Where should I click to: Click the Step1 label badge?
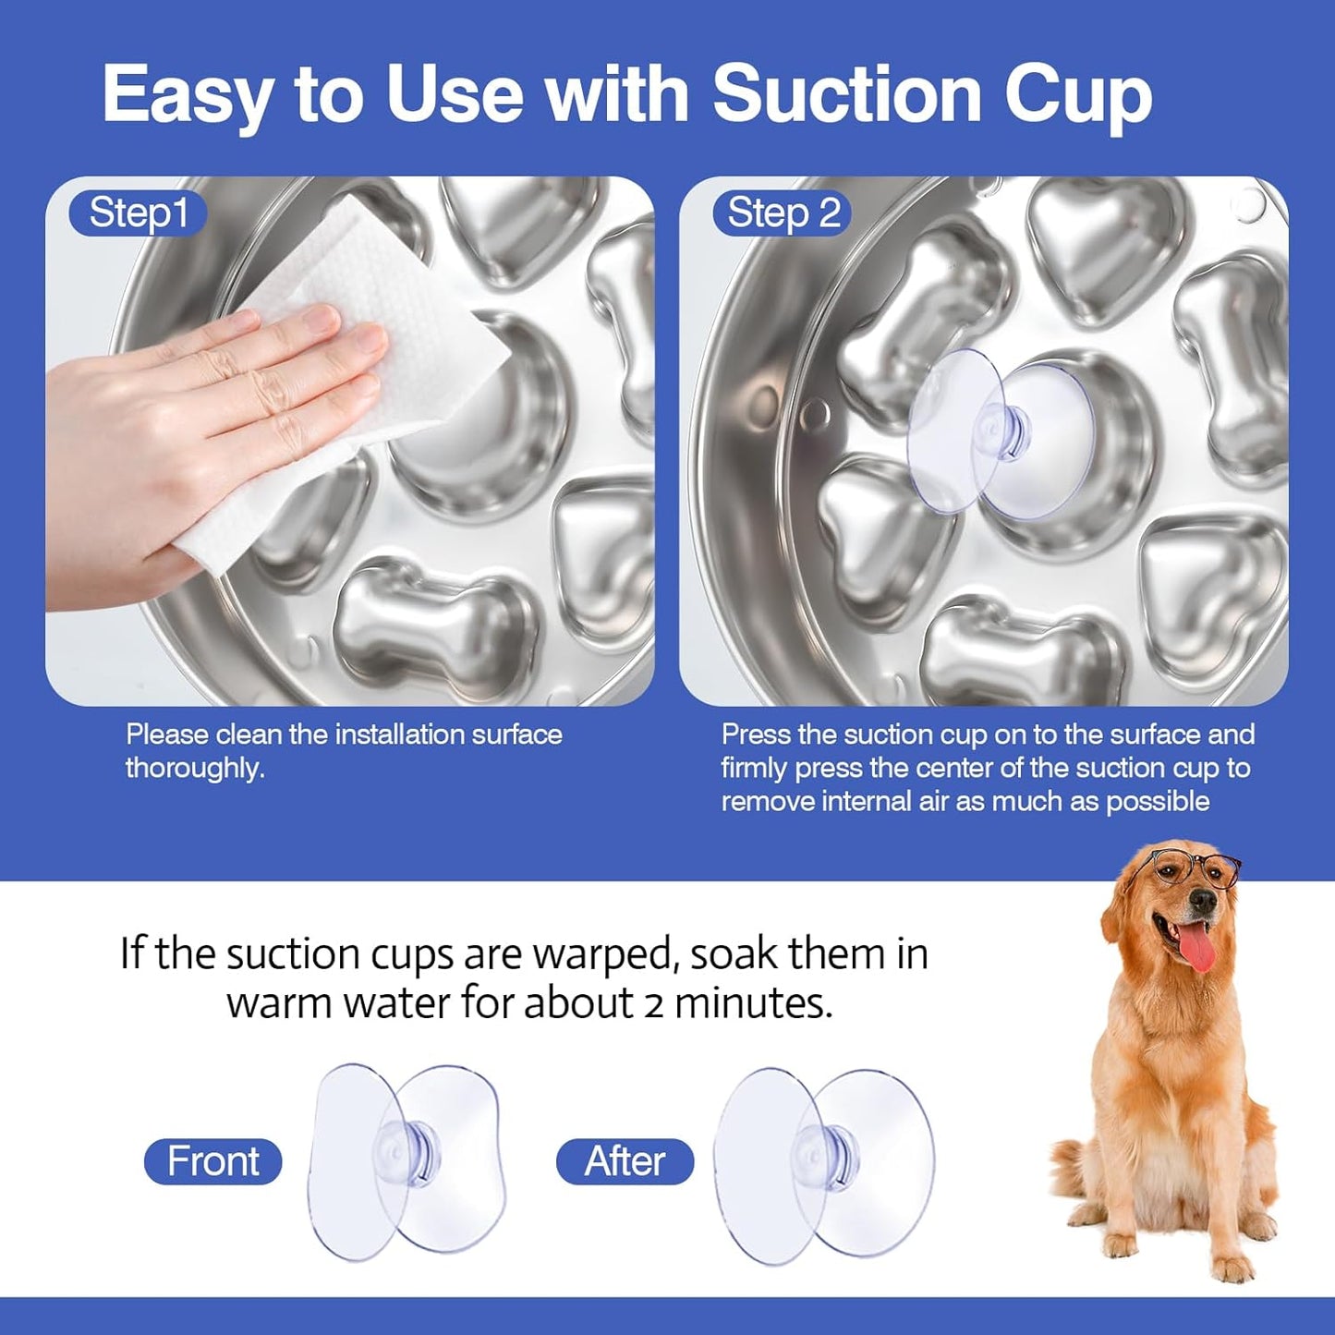click(x=138, y=213)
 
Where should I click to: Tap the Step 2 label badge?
click(x=783, y=213)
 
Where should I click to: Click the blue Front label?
click(x=212, y=1161)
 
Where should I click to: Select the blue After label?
click(x=625, y=1161)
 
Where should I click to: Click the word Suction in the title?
click(x=846, y=93)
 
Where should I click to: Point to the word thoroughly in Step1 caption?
click(x=194, y=769)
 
